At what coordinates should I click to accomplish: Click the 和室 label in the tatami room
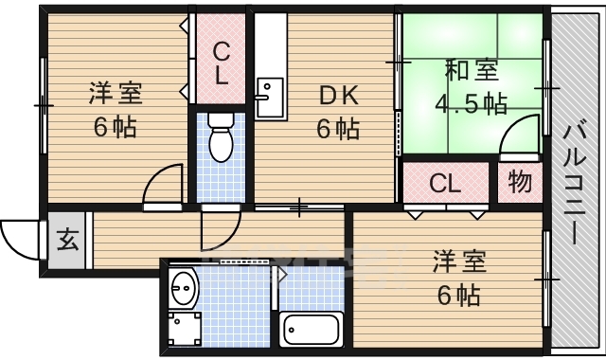tap(470, 69)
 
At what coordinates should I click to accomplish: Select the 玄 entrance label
tap(67, 240)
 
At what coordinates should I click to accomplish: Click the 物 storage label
tap(520, 182)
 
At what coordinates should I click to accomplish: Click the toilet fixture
tap(221, 138)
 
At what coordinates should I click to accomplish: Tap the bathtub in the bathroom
tap(312, 330)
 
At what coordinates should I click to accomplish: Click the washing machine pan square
tap(184, 328)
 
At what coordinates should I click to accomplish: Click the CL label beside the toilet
tap(220, 63)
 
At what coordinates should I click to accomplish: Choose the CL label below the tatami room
tap(445, 183)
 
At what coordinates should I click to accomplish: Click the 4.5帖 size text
tap(470, 102)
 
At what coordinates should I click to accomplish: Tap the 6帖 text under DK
tap(337, 128)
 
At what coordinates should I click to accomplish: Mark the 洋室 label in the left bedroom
tap(115, 94)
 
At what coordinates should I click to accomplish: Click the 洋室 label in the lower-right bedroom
tap(459, 260)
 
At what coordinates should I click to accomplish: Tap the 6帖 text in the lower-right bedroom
tap(459, 295)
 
